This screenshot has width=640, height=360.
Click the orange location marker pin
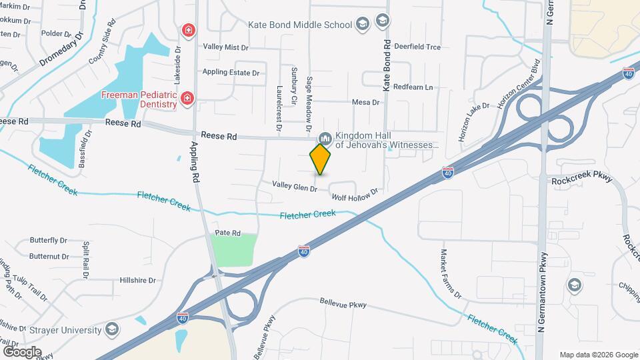tap(321, 159)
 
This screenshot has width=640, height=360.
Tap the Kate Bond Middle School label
tap(299, 25)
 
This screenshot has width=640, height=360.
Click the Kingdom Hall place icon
tap(325, 138)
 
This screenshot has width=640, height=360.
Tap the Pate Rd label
tap(227, 233)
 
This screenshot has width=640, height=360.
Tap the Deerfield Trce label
tap(417, 47)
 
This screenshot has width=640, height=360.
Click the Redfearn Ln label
tap(413, 87)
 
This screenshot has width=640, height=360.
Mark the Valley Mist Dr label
tap(225, 47)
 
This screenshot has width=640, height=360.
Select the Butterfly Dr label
tap(49, 240)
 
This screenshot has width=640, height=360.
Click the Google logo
tap(22, 351)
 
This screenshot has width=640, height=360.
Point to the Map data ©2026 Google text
tap(598, 355)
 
